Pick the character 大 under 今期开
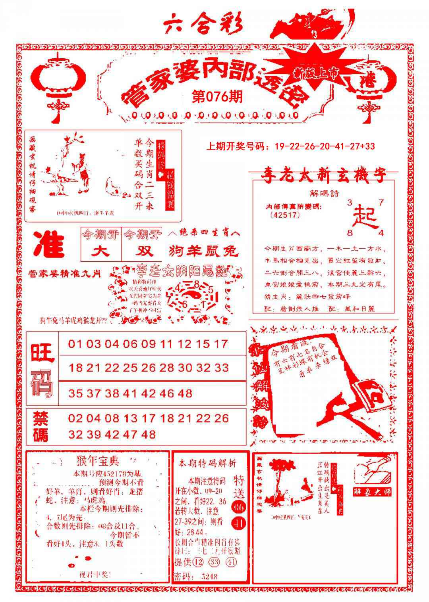[x=100, y=251]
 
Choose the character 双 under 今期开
[x=142, y=251]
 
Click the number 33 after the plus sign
[x=369, y=146]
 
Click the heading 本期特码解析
[x=207, y=463]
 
